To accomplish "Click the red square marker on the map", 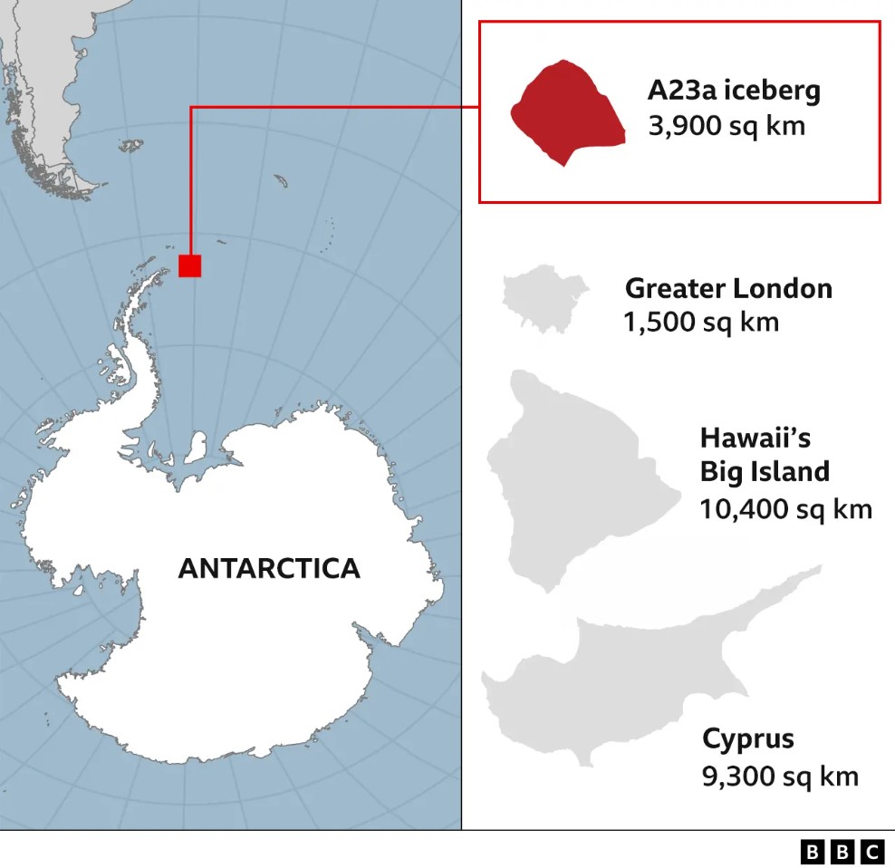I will (189, 265).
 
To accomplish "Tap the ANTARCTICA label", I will (269, 568).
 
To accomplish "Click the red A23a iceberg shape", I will (567, 112).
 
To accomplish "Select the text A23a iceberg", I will (734, 91).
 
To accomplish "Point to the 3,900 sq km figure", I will (727, 125).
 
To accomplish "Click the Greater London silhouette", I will (544, 298).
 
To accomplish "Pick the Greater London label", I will (728, 289).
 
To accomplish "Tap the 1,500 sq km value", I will (701, 322).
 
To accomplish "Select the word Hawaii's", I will (755, 439).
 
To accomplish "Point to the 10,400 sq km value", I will (785, 508).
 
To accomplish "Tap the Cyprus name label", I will (748, 738).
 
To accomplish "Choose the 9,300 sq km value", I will (780, 776).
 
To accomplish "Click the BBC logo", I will (842, 852).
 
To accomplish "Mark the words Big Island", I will (765, 472).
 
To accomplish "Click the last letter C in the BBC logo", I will (872, 852).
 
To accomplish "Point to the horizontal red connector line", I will (335, 107).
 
